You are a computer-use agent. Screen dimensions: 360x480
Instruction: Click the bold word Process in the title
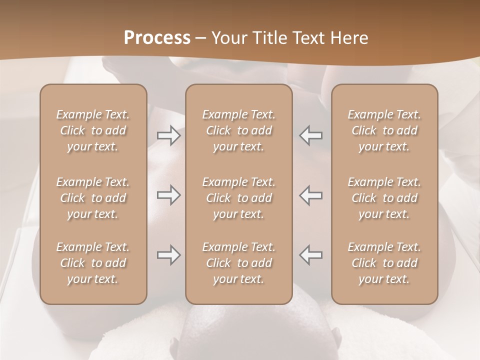[157, 38]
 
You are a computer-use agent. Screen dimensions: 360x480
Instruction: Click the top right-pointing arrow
[168, 135]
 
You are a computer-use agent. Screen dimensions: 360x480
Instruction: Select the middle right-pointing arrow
[168, 195]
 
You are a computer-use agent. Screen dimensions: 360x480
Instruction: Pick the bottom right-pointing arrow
[168, 255]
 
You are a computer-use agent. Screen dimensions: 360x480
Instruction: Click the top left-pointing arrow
[311, 135]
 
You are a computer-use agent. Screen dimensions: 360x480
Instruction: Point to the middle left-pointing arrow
[311, 195]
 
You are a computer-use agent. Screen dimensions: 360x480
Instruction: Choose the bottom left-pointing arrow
[311, 255]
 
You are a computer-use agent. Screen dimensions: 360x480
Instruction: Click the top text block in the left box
[93, 130]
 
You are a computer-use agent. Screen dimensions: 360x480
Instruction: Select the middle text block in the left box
[93, 198]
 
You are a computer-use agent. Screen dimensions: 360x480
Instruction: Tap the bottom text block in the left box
[93, 263]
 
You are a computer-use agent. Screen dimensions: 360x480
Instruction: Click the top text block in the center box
[238, 130]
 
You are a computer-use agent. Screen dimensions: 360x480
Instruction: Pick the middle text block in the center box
[238, 198]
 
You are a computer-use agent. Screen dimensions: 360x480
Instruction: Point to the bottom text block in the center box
[238, 263]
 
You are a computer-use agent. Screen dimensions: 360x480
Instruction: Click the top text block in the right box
[384, 130]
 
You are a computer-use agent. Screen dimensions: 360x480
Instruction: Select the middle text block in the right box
[384, 198]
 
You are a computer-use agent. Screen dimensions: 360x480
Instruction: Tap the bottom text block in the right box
[384, 263]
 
